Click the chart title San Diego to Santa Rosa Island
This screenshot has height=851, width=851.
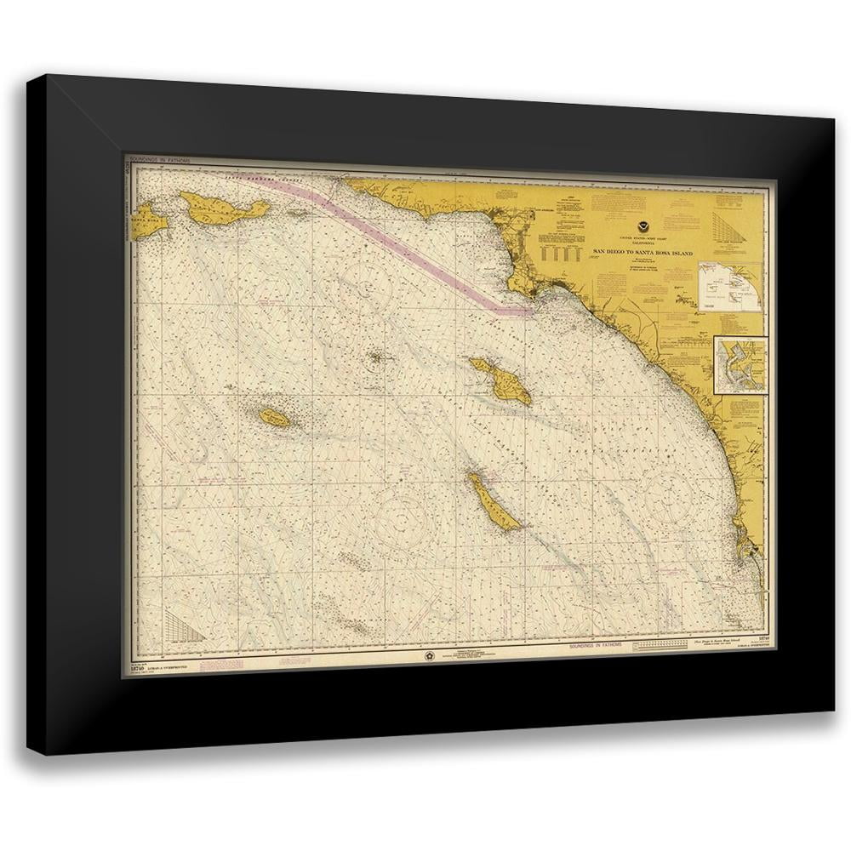pos(643,253)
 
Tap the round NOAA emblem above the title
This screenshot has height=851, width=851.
pos(643,230)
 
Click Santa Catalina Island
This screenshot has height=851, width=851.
pos(501,380)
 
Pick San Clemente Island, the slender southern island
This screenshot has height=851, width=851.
pos(492,502)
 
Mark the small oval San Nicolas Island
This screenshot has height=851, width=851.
pos(275,417)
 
